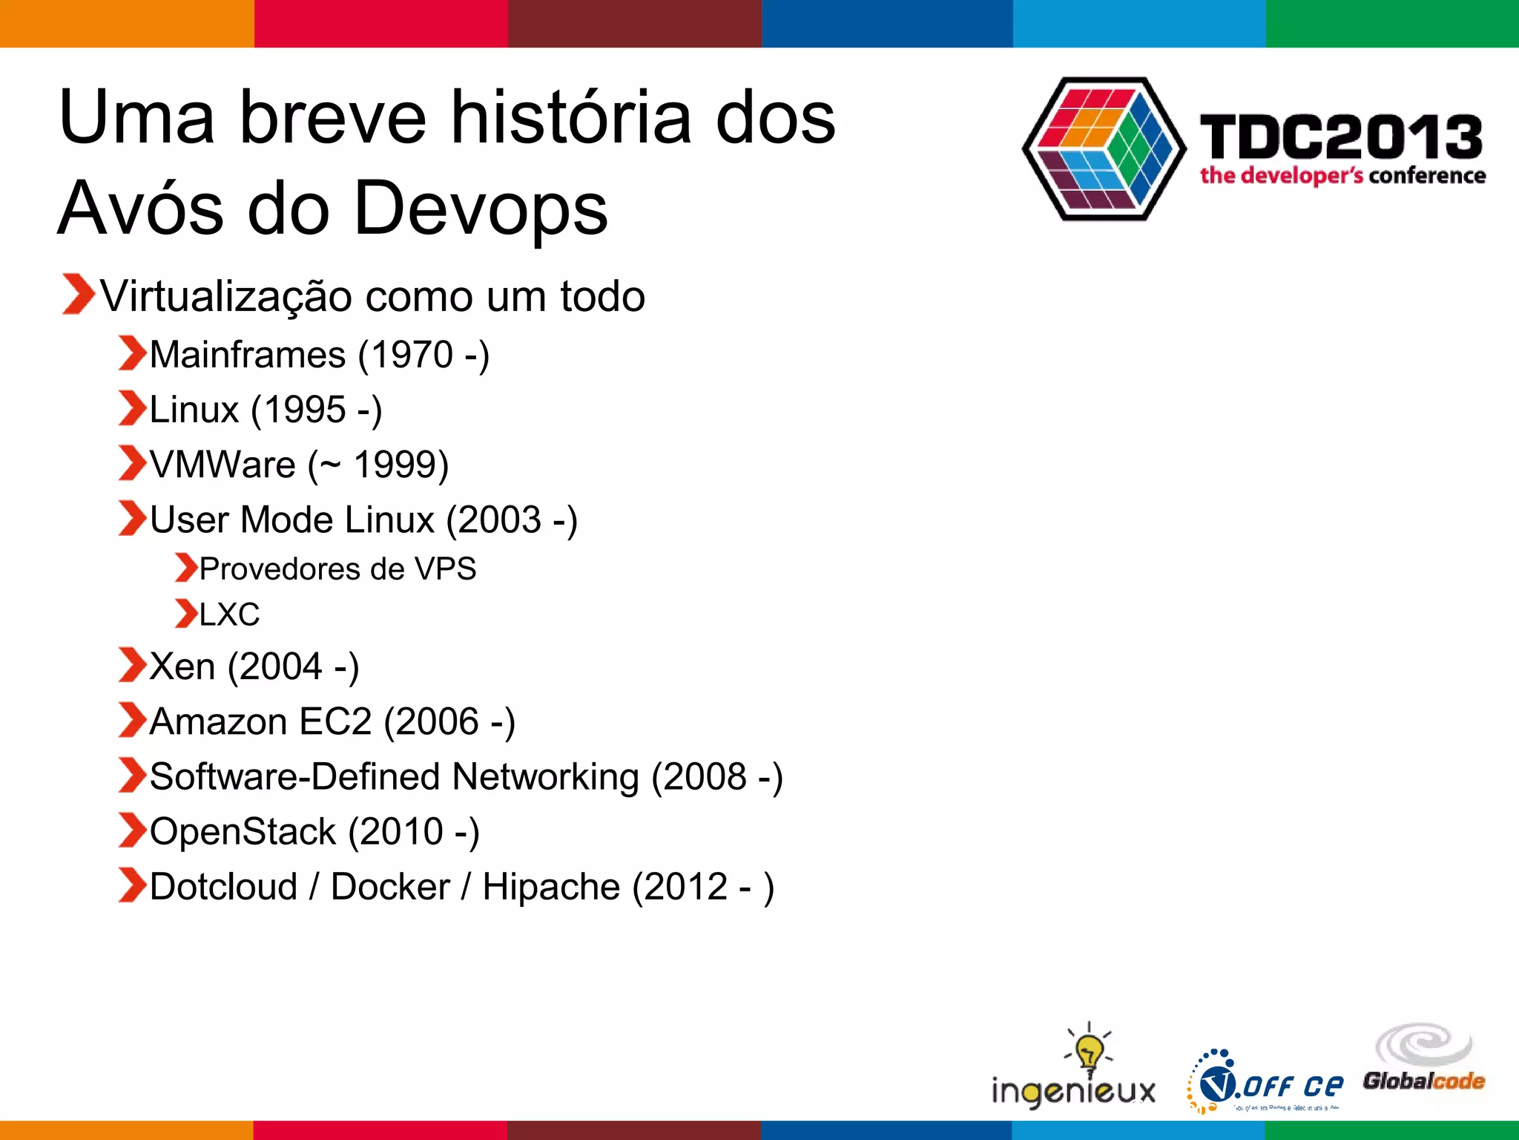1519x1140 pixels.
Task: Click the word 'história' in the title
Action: (571, 119)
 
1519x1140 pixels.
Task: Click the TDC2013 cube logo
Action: (1103, 148)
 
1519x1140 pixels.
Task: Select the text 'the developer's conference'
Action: (1342, 176)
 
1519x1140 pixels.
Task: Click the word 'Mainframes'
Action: (248, 355)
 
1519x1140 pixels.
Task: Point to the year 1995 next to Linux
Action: (304, 410)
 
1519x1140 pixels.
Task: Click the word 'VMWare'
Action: (223, 465)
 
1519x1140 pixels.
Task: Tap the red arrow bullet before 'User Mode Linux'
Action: (132, 518)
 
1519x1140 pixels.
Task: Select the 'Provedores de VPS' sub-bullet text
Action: (337, 569)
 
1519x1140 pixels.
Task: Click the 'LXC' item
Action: (229, 615)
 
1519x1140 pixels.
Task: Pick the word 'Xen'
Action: (182, 666)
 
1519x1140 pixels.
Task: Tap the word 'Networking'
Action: (545, 777)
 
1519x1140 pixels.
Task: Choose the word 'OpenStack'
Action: (243, 832)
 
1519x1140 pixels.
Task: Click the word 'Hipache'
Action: (551, 887)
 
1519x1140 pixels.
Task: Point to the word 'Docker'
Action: (390, 887)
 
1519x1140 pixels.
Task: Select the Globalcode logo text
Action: (1423, 1081)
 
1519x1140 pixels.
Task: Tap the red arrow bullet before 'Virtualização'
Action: (77, 295)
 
